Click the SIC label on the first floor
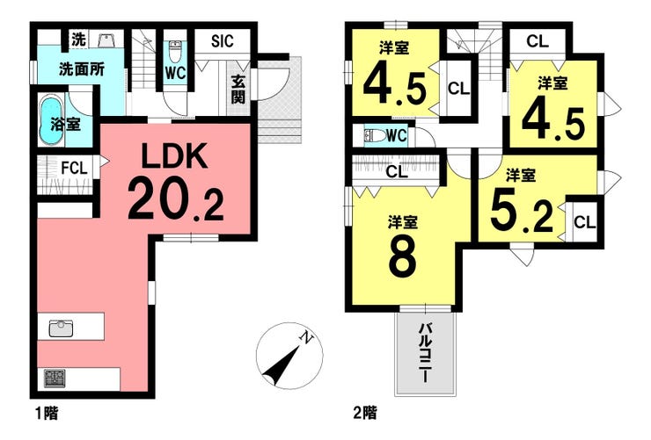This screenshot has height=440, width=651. (x=222, y=41)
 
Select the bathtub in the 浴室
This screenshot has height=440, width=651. (x=51, y=119)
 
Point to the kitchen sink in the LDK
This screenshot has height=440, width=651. (x=61, y=328)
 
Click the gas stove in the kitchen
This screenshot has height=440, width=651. (x=55, y=379)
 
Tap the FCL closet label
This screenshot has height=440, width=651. (x=74, y=169)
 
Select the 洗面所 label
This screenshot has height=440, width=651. (x=81, y=69)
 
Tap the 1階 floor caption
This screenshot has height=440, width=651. (x=47, y=413)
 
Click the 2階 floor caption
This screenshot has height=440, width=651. (x=365, y=413)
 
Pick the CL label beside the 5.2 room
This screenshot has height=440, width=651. (x=584, y=222)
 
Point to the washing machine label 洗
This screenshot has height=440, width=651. (x=78, y=40)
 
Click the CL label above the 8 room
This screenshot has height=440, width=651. (x=397, y=171)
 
